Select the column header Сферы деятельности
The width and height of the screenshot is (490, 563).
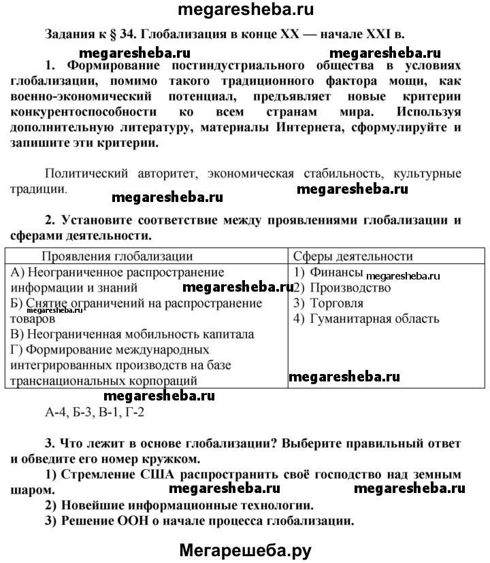coord(353,256)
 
